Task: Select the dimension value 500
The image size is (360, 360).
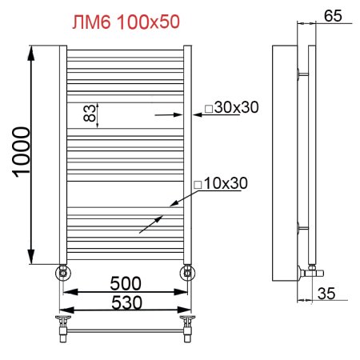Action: (x=126, y=283)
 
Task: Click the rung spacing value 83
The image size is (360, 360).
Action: (x=90, y=113)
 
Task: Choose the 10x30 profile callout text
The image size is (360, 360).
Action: (x=226, y=184)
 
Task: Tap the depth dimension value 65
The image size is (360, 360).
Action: (x=334, y=14)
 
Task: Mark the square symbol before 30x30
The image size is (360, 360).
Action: (x=207, y=109)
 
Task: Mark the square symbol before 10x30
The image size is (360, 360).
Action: (x=196, y=185)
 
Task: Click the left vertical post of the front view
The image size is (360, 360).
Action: (x=62, y=152)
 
